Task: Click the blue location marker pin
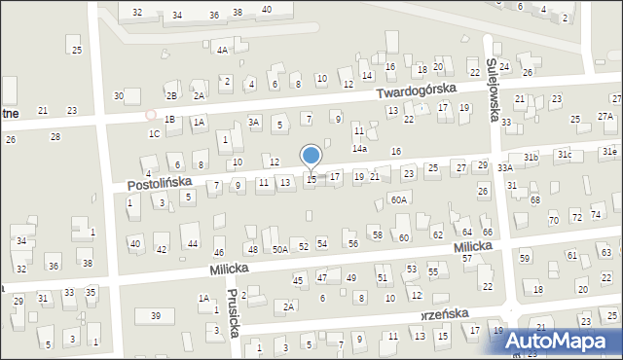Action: pos(311,156)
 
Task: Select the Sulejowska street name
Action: pos(494,89)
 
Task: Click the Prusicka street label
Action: pos(234,314)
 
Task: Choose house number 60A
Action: pos(398,199)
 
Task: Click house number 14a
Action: pos(359,149)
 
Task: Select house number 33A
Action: pos(505,168)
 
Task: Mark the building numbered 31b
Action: pos(531,157)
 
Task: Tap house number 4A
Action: pos(222,50)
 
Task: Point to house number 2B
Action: pos(171,95)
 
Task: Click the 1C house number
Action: pos(154,133)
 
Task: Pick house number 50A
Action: pos(279,250)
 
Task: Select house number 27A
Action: pos(605,117)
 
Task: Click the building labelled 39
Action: pos(155,316)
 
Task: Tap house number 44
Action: pos(193,243)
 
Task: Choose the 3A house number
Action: pos(253,123)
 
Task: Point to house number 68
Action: pos(535,199)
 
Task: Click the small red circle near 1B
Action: pos(151,115)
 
